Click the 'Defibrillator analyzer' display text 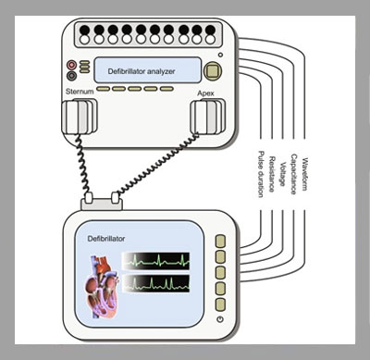click(142, 71)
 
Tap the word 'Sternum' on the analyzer click(80, 92)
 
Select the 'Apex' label click(205, 93)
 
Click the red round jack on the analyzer click(71, 65)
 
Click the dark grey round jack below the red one click(71, 76)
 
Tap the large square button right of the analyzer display click(213, 71)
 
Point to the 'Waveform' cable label click(304, 174)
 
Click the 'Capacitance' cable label click(293, 174)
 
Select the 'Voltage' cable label click(282, 174)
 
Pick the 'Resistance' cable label click(272, 174)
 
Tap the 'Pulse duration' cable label click(261, 174)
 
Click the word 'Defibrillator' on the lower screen click(106, 239)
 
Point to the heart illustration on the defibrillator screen click(102, 287)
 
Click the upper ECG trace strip click(156, 261)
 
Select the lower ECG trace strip click(156, 283)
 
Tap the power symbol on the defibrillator click(220, 319)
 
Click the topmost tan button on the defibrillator click(220, 242)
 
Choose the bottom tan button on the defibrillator click(220, 304)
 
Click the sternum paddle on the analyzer click(80, 117)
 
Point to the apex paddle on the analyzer click(207, 117)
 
